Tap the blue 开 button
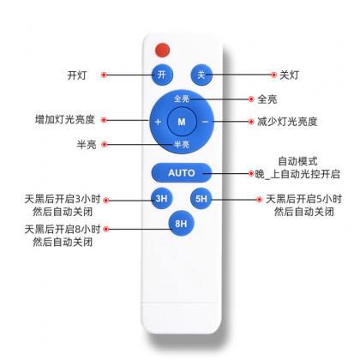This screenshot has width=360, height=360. [162, 75]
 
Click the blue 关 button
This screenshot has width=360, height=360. [201, 75]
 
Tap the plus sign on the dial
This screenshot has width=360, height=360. [158, 122]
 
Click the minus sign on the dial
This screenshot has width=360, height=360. [206, 122]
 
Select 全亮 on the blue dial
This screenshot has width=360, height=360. [182, 99]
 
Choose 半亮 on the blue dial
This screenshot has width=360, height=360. [182, 144]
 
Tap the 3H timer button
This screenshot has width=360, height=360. [162, 199]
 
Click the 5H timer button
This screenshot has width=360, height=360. [201, 199]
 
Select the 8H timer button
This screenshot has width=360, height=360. [181, 223]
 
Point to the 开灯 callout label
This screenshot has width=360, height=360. [77, 75]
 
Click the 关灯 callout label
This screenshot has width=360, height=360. [290, 75]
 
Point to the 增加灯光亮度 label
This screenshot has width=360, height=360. [65, 119]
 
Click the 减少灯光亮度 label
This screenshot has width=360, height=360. [287, 122]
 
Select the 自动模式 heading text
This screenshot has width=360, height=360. [298, 161]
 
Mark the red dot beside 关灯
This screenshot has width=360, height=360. [273, 75]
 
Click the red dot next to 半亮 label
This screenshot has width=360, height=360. [105, 144]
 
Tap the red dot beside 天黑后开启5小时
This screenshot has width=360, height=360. [259, 200]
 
